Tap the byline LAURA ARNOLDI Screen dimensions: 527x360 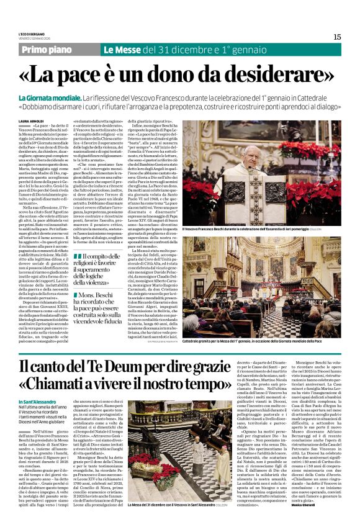(32, 120)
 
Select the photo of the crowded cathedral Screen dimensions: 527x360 (268, 286)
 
